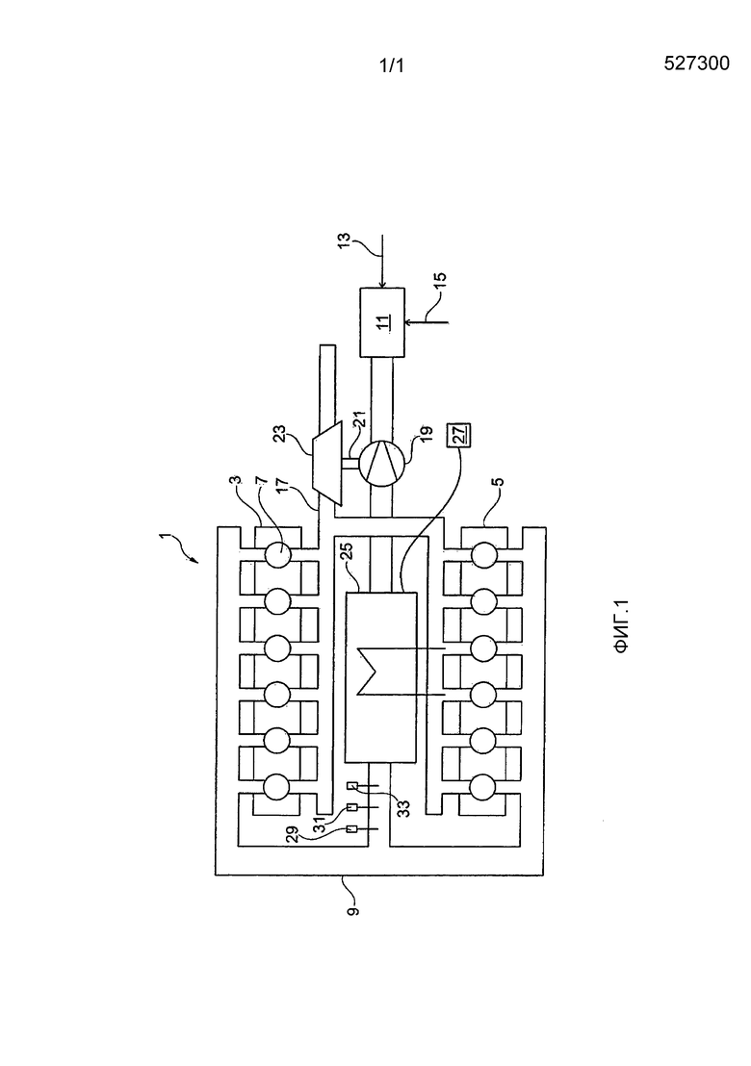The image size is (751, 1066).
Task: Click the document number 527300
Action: [696, 63]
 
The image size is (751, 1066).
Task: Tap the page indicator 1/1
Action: [391, 66]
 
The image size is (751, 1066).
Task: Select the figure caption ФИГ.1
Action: [622, 626]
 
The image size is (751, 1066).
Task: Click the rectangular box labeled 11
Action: [381, 322]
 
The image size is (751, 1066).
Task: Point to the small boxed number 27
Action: [457, 434]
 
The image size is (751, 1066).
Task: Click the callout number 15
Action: [440, 282]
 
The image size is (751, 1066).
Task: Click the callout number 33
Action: [402, 808]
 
